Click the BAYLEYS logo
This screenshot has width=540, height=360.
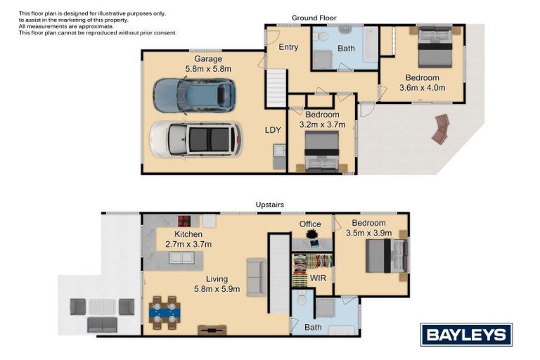click(x=466, y=335)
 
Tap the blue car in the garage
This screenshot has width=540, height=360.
click(x=195, y=96)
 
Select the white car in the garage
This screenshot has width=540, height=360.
click(x=195, y=139)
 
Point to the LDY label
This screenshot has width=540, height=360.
click(x=273, y=130)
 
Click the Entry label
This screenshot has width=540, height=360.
click(x=288, y=47)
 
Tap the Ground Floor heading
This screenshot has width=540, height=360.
click(x=314, y=18)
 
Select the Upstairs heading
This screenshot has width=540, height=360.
click(x=270, y=205)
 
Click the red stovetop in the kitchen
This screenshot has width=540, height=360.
click(x=184, y=221)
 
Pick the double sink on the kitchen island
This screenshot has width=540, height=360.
click(x=181, y=257)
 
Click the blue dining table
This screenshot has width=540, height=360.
click(x=165, y=313)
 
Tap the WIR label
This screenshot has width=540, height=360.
click(x=318, y=278)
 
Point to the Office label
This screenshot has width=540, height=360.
click(x=310, y=224)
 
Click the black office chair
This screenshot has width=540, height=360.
click(x=311, y=234)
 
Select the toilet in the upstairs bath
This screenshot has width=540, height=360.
click(x=302, y=298)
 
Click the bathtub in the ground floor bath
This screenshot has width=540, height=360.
click(x=371, y=44)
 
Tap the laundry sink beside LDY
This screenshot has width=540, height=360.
click(x=279, y=150)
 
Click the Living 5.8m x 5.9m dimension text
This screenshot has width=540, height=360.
click(x=217, y=284)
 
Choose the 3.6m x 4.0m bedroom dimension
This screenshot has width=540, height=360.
click(x=422, y=88)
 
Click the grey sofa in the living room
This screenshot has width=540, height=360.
click(x=256, y=277)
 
